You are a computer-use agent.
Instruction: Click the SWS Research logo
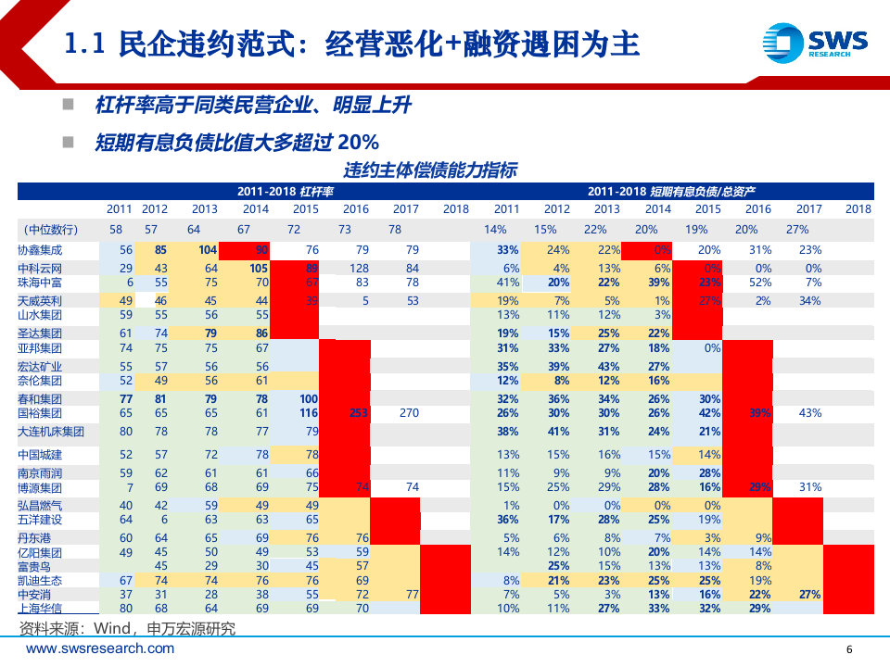tap(815, 43)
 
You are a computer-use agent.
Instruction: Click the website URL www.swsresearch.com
tap(85, 650)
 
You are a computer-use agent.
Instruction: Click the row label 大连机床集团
tap(51, 432)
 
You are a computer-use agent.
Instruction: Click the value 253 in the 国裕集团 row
tap(357, 413)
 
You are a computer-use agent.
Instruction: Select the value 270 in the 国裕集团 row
tap(409, 413)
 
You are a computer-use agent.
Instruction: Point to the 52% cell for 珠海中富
tap(759, 282)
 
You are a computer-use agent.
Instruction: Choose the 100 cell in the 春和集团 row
tap(308, 398)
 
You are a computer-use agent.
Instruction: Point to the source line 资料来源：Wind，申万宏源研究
tap(127, 629)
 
